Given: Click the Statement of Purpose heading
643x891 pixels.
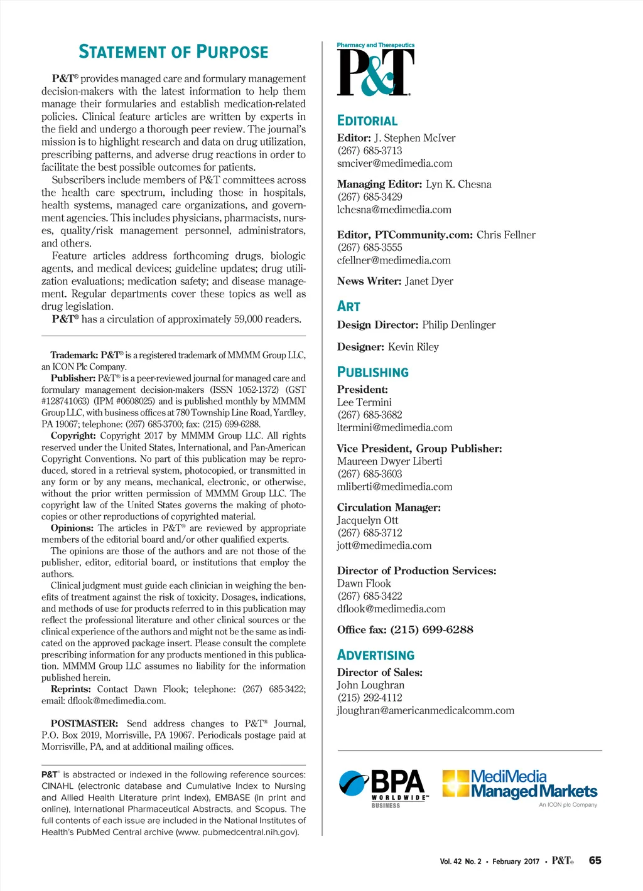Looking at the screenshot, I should tap(173, 52).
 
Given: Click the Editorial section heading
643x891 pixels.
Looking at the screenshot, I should tap(367, 121).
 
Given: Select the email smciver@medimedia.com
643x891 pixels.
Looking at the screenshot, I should tap(394, 163).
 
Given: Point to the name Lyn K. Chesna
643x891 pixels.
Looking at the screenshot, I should tap(458, 184).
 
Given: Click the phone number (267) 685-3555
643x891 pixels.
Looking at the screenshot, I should tap(370, 248).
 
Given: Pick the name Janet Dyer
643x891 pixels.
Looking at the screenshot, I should tap(429, 281).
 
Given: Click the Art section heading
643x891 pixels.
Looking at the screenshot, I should tap(349, 306).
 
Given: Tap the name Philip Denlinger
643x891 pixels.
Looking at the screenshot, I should tap(458, 325).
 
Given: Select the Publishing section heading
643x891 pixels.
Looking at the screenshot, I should tap(373, 372).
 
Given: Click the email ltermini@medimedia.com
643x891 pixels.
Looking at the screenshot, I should tap(394, 427).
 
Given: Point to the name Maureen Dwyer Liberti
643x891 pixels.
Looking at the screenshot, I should tap(389, 461).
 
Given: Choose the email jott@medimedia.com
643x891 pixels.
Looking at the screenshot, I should tap(384, 545).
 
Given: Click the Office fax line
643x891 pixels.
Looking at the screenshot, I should tap(405, 629).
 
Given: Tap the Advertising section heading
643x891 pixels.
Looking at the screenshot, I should tap(376, 655).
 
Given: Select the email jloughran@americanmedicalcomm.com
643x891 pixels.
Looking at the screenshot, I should tap(425, 710).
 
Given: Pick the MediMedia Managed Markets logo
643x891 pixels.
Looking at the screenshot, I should tap(520, 786).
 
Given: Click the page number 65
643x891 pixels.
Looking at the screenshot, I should tap(595, 860).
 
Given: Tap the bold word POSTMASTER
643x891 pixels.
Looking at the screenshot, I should tap(84, 723).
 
